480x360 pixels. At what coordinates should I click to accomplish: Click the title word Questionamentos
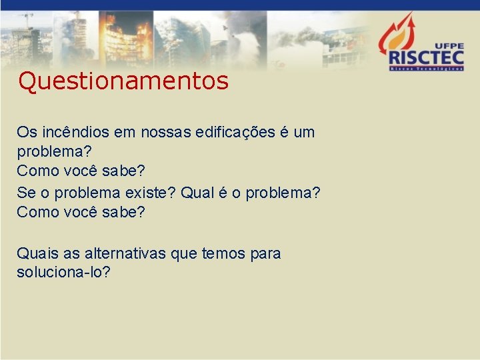click(123, 81)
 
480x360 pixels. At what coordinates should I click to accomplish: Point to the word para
click(265, 253)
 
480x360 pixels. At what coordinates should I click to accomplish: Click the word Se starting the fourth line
click(25, 193)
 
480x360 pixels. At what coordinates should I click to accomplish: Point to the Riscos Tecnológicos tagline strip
click(427, 68)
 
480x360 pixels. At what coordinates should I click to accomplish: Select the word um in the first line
click(303, 132)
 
